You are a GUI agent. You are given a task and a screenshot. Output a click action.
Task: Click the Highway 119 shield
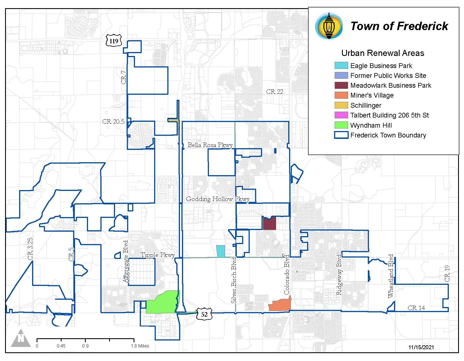pyautogui.click(x=114, y=41)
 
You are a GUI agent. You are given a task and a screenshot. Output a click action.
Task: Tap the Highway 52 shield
pyautogui.click(x=204, y=314)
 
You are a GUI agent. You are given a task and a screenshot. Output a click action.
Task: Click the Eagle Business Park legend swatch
pyautogui.click(x=341, y=66)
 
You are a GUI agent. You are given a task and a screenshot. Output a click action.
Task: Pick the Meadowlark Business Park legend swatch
pyautogui.click(x=341, y=85)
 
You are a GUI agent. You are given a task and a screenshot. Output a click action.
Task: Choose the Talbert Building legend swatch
pyautogui.click(x=341, y=115)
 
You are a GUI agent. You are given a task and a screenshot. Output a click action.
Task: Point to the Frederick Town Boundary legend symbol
pyautogui.click(x=341, y=135)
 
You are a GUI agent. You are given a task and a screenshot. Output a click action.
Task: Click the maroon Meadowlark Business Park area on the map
pyautogui.click(x=269, y=224)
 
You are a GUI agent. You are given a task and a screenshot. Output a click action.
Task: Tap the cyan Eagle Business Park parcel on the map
pyautogui.click(x=221, y=251)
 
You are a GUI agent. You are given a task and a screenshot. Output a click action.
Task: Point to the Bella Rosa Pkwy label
pyautogui.click(x=210, y=145)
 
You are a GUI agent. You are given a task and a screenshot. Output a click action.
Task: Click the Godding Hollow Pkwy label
pyautogui.click(x=218, y=199)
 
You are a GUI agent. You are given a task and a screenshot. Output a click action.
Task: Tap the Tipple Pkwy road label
pyautogui.click(x=157, y=255)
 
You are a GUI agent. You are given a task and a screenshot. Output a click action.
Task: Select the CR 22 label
pyautogui.click(x=274, y=92)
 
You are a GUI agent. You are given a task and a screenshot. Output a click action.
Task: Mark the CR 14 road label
pyautogui.click(x=416, y=308)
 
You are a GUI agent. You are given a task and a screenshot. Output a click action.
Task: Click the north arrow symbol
pyautogui.click(x=21, y=338)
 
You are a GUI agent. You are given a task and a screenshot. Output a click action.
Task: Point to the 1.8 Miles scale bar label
pyautogui.click(x=139, y=346)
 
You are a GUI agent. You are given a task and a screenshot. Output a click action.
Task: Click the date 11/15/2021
pyautogui.click(x=421, y=347)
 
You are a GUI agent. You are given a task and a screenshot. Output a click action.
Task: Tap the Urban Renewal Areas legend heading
pyautogui.click(x=382, y=53)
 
